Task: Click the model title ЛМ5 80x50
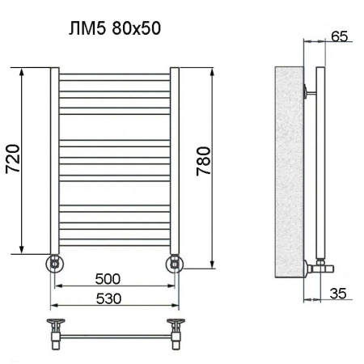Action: point(114,30)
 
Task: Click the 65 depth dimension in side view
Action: point(340,36)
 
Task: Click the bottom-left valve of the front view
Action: point(53,263)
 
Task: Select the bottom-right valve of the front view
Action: point(175,263)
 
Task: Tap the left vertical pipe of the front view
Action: point(54,162)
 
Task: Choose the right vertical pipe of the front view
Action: point(174,162)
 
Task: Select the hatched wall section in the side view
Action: point(287,170)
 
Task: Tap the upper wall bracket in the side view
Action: point(308,90)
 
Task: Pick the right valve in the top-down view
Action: point(174,330)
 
